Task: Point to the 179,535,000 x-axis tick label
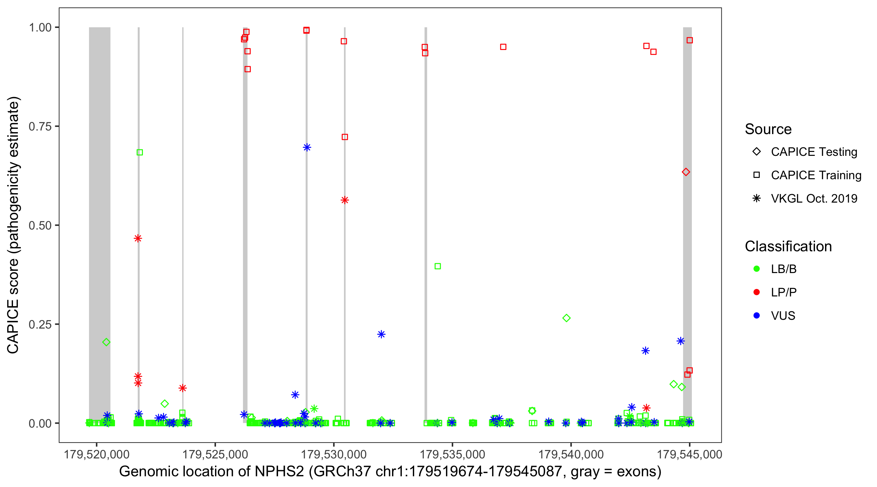point(452,454)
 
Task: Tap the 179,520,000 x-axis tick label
point(97,454)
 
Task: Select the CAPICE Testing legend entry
point(814,152)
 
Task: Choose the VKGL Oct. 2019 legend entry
point(814,198)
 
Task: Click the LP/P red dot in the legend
point(757,292)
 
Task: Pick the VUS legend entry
point(783,316)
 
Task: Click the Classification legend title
point(788,246)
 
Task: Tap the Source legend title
point(768,129)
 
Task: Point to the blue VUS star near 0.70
point(307,147)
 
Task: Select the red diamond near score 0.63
point(686,172)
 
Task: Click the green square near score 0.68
point(140,153)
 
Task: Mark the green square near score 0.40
point(438,266)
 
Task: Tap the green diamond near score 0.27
point(566,318)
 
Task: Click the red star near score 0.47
point(138,238)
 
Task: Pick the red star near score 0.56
point(345,200)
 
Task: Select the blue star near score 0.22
point(381,334)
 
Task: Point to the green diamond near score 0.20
point(106,342)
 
